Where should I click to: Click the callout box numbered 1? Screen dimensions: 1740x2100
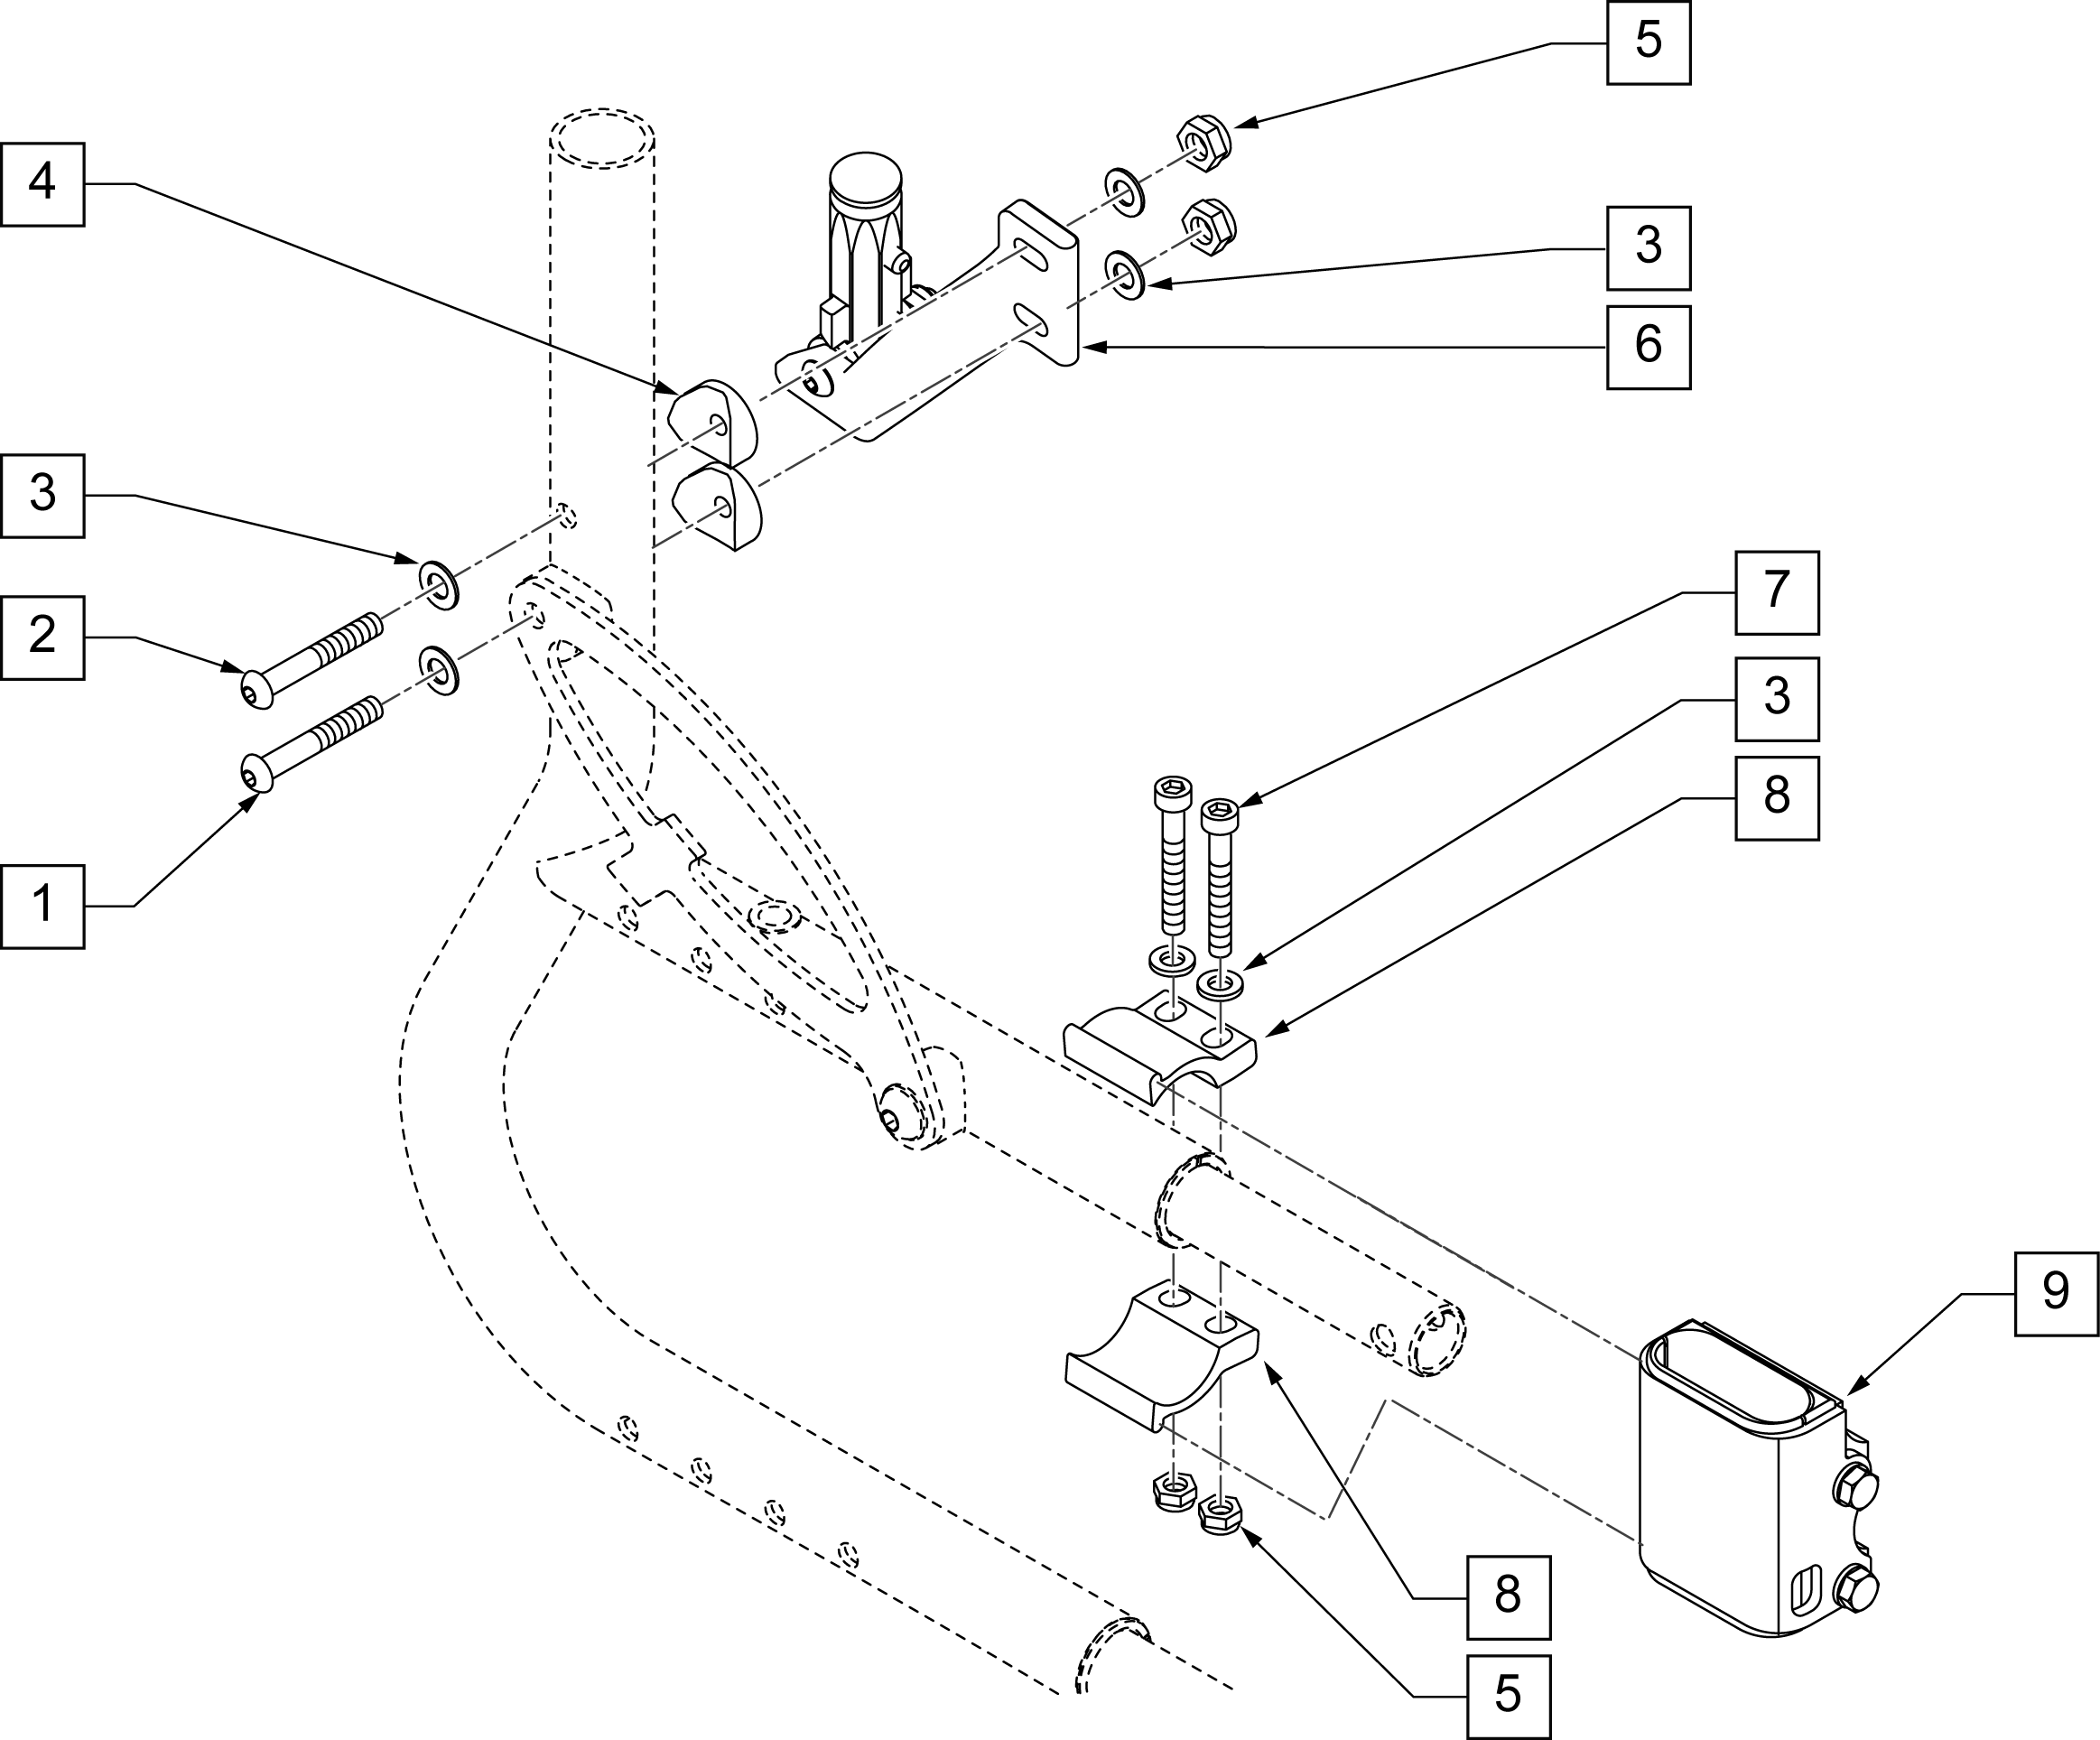tap(42, 906)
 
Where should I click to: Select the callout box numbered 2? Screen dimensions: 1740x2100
tap(42, 637)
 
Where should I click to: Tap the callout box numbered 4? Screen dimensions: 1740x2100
tap(42, 184)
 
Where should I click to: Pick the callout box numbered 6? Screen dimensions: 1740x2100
tap(1648, 347)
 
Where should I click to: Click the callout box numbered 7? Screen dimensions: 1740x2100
tap(1776, 592)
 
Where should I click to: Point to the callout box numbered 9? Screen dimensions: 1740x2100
tap(2056, 1293)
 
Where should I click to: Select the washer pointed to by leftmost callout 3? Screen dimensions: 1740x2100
tap(438, 585)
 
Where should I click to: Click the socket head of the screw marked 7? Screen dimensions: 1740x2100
tap(1219, 816)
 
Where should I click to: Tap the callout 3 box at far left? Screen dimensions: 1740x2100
tap(42, 496)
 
